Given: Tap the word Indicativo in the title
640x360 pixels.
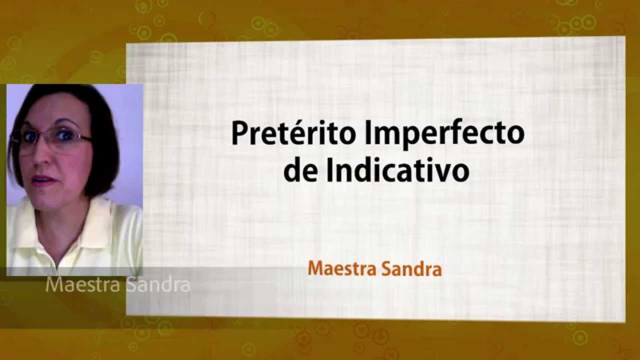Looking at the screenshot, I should tap(397, 170).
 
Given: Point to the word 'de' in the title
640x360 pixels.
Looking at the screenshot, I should tap(299, 170).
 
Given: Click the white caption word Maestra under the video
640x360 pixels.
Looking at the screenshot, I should tap(82, 285).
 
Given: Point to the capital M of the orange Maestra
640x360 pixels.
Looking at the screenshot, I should tap(315, 269).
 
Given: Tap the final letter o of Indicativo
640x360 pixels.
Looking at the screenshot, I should tap(461, 172).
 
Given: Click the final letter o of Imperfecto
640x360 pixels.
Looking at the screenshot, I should tap(516, 135).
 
